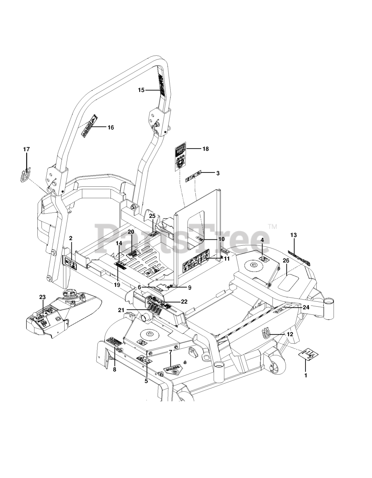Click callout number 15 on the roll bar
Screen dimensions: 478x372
tap(141, 90)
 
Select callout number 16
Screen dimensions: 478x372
tap(111, 127)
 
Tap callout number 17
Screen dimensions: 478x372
tap(27, 149)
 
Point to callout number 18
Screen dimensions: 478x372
tap(205, 149)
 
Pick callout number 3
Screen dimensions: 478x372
tap(217, 173)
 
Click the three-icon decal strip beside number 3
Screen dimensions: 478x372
tap(193, 173)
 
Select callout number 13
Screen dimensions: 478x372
tap(293, 235)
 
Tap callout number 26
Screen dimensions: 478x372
tap(286, 261)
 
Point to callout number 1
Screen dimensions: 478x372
tap(306, 375)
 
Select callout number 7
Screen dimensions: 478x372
tap(171, 352)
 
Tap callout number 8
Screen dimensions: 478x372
tap(114, 369)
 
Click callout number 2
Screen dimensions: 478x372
tap(71, 238)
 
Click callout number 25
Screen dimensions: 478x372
tap(152, 216)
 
